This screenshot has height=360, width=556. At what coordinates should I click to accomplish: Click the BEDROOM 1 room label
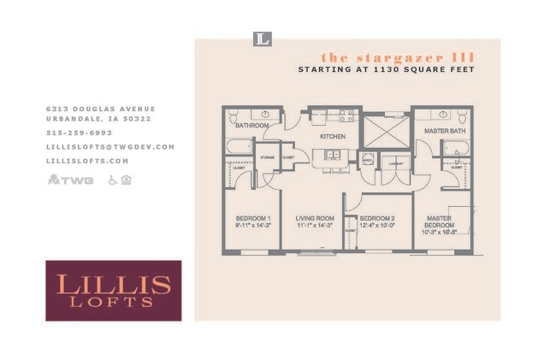click(252, 219)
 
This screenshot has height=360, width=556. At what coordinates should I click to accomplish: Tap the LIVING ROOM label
click(314, 219)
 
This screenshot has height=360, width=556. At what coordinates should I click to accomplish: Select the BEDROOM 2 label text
click(376, 219)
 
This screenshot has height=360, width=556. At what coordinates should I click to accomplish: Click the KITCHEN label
click(332, 137)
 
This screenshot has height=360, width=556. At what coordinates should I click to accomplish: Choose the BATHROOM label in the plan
click(252, 126)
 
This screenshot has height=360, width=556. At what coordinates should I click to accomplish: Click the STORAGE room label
click(267, 158)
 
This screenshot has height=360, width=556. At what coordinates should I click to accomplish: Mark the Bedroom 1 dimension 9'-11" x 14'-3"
click(252, 227)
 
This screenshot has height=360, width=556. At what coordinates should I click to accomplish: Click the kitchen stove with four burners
click(346, 115)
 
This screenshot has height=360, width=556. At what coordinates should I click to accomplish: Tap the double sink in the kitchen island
click(330, 155)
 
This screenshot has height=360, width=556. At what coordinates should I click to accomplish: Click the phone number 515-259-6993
click(79, 133)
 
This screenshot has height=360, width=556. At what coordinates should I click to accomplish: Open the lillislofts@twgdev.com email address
click(110, 146)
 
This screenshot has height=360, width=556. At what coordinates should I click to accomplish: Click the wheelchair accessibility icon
click(112, 180)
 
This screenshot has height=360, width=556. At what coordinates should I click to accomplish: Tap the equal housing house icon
click(126, 180)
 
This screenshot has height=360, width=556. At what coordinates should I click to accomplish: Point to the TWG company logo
click(70, 180)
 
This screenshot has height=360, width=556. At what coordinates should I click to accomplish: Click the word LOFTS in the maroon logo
click(113, 301)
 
